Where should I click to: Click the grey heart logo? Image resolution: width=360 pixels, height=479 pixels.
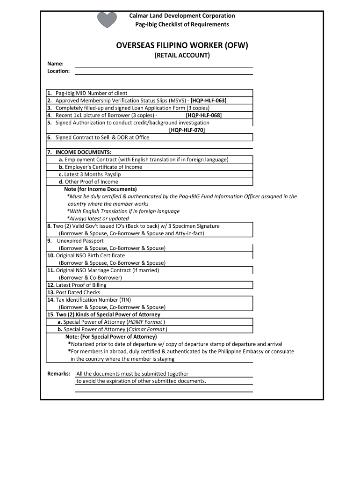(107, 20)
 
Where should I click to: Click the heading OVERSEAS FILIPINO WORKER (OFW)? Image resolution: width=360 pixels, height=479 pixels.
(182, 45)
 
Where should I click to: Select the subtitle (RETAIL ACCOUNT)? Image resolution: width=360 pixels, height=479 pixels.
(182, 56)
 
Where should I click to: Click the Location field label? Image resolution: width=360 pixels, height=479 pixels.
(58, 71)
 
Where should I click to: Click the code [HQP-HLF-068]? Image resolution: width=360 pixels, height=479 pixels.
(203, 115)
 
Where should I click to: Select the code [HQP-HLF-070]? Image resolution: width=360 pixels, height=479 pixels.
(187, 130)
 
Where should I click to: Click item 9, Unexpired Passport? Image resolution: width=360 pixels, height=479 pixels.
(80, 241)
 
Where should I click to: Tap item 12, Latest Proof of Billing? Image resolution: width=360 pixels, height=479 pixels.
(81, 285)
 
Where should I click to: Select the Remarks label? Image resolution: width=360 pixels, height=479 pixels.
(59, 374)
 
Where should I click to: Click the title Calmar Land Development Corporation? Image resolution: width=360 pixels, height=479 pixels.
(182, 16)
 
